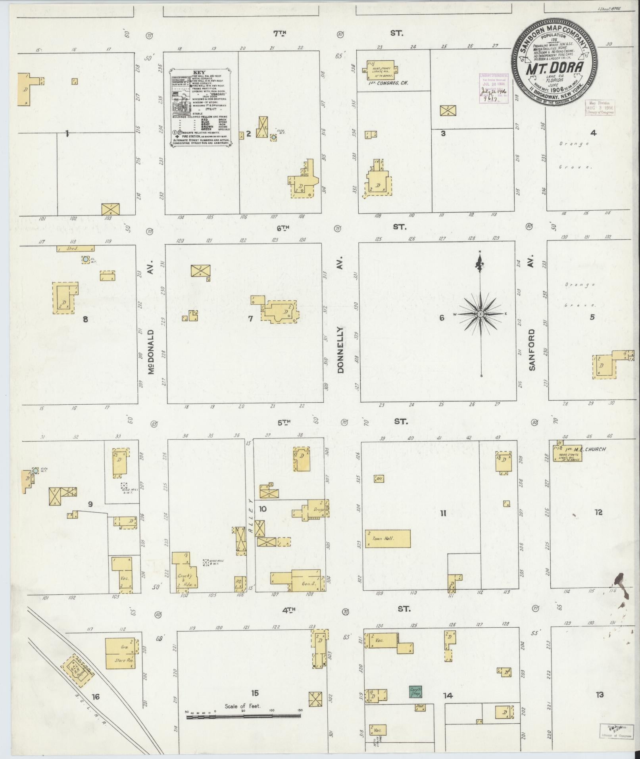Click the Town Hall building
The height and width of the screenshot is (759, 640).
(x=388, y=538)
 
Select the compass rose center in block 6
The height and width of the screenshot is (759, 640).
(x=480, y=314)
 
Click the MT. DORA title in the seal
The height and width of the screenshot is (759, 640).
(x=554, y=68)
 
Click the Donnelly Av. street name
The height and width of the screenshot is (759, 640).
(x=340, y=349)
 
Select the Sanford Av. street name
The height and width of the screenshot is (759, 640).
(x=532, y=349)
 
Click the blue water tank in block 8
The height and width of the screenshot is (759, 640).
(x=85, y=259)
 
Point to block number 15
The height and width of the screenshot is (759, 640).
(x=255, y=693)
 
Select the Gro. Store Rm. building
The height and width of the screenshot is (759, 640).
(x=120, y=653)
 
